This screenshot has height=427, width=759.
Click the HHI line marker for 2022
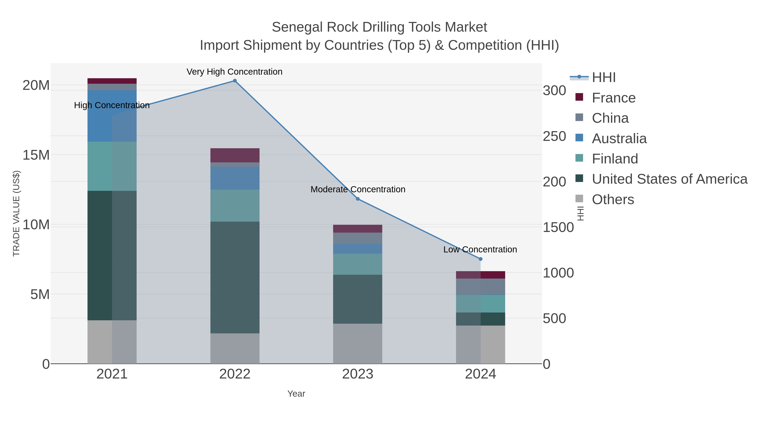(235, 81)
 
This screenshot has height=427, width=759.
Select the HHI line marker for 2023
(358, 199)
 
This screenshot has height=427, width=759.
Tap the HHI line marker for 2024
(480, 259)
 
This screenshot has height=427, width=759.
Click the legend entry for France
(614, 98)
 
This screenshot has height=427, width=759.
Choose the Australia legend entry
(619, 139)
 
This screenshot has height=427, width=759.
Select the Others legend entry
(612, 199)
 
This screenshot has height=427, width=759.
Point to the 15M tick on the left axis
(36, 155)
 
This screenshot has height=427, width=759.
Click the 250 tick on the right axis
(554, 136)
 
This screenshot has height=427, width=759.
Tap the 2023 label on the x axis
(358, 374)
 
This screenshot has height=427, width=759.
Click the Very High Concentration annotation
(234, 72)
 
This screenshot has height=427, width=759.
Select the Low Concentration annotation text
(480, 250)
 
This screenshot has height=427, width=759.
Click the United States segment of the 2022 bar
(235, 277)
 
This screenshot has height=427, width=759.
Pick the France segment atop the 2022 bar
(235, 155)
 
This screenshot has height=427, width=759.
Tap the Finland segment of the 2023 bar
(358, 264)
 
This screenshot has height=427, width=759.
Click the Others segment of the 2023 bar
(358, 344)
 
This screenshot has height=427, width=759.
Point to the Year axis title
(296, 394)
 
